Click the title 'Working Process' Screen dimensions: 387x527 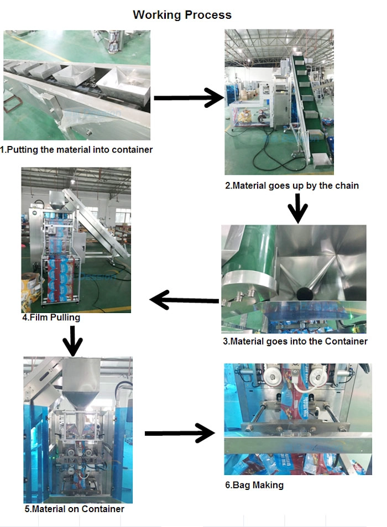coord(182,15)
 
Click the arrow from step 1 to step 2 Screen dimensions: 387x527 coord(189,98)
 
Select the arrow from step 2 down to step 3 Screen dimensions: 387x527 coord(297,208)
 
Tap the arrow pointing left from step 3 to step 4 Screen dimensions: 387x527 coord(184,300)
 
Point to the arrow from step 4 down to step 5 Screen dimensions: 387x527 coord(72,341)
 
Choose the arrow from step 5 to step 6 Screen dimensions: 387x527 coord(180,433)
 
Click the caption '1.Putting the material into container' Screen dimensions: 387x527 coord(76,149)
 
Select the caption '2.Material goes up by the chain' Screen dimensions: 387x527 coord(292,185)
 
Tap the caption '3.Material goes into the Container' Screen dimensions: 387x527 coord(295,342)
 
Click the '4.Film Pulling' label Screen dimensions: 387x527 coord(51,317)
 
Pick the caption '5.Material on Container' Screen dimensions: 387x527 coord(74,509)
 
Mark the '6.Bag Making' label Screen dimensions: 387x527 coord(254,485)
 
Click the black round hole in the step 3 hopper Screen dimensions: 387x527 coord(305,294)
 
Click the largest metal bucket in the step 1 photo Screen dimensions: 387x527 coord(124,85)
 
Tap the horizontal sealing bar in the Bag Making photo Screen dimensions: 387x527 coord(298,443)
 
